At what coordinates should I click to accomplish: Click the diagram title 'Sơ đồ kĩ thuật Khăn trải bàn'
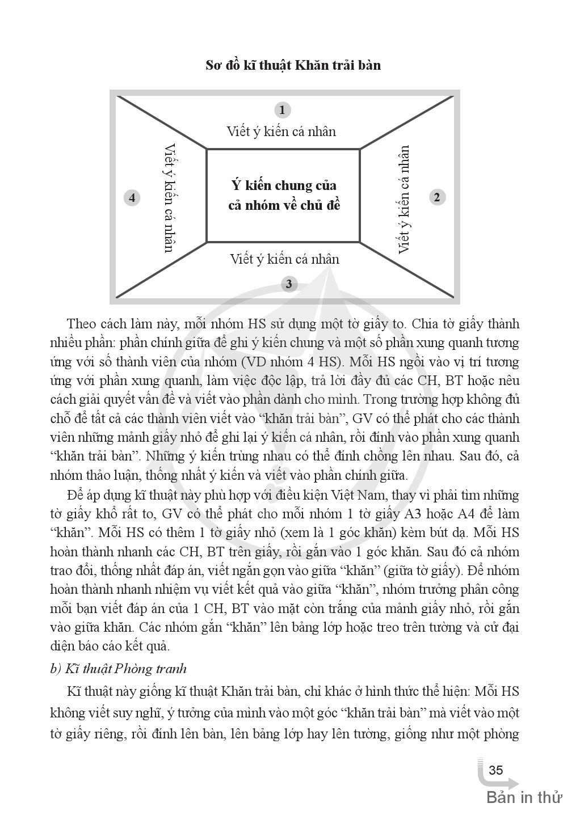click(293, 65)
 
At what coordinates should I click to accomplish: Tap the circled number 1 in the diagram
click(282, 109)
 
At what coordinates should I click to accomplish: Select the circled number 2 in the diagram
click(436, 197)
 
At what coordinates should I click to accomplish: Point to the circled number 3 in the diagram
click(289, 284)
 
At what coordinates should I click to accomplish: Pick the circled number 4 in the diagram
click(132, 198)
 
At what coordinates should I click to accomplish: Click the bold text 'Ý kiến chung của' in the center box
click(284, 185)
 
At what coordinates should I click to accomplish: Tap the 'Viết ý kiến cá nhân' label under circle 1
click(281, 132)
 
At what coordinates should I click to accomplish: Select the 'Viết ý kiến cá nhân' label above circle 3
click(284, 259)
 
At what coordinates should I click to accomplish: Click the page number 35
click(495, 770)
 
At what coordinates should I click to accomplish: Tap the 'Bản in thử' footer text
click(524, 797)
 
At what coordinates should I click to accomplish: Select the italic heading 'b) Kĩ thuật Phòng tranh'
click(118, 669)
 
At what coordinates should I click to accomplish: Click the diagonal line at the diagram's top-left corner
click(162, 122)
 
